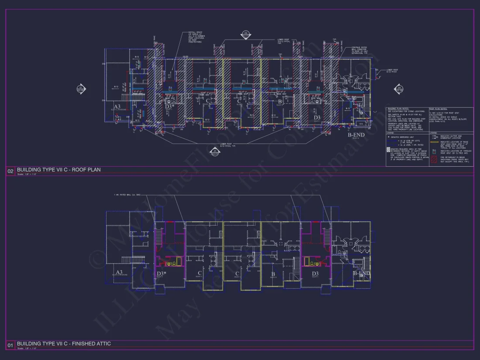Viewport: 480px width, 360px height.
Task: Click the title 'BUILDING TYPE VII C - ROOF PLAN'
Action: (58, 170)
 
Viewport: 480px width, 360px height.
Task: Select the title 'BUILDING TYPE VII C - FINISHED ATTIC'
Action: (64, 344)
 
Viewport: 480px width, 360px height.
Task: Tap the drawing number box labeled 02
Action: (10, 171)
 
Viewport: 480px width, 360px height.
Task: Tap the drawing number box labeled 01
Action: (10, 345)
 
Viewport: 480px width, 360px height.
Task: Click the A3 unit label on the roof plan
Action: (117, 107)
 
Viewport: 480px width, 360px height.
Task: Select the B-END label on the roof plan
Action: (356, 135)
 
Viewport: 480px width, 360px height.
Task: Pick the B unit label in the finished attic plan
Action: (273, 274)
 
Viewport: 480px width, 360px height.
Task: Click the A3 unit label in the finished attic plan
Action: (119, 272)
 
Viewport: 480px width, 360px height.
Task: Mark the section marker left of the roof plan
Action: (81, 89)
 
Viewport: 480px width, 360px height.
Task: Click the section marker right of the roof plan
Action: (399, 89)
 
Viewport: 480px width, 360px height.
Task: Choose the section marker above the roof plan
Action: (246, 34)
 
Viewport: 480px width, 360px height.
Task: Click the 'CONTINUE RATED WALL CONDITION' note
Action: (353, 50)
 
